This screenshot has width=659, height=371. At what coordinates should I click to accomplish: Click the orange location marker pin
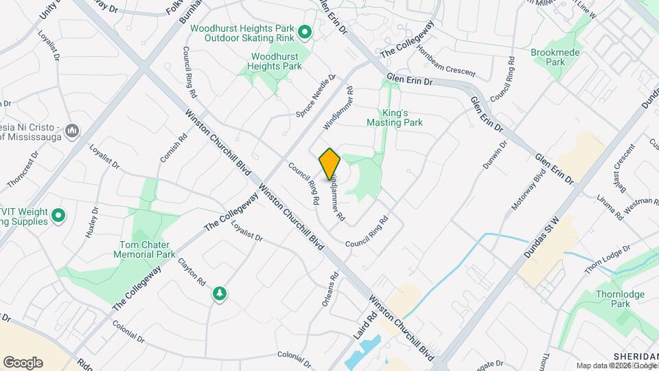coord(330,164)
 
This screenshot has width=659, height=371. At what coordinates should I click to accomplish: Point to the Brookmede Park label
coord(555,56)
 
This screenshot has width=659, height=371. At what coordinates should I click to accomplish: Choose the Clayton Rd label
coord(192,272)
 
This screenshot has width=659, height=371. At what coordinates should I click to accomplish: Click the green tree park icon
coord(220,294)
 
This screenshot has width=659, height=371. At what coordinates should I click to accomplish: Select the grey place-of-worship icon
coord(74,130)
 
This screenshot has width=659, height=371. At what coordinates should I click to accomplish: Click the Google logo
coord(23,362)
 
